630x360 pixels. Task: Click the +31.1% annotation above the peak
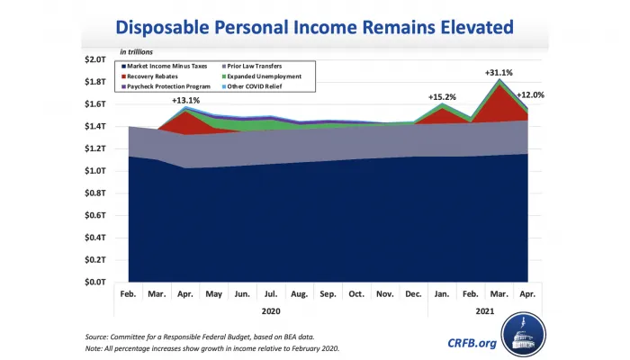pyautogui.click(x=499, y=73)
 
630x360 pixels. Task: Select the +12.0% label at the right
pyautogui.click(x=530, y=95)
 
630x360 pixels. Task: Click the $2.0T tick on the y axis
pyautogui.click(x=94, y=60)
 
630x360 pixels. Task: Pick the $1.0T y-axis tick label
pyautogui.click(x=94, y=171)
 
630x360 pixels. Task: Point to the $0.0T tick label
pyautogui.click(x=94, y=283)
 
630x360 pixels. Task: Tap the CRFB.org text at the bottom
pyautogui.click(x=472, y=342)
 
